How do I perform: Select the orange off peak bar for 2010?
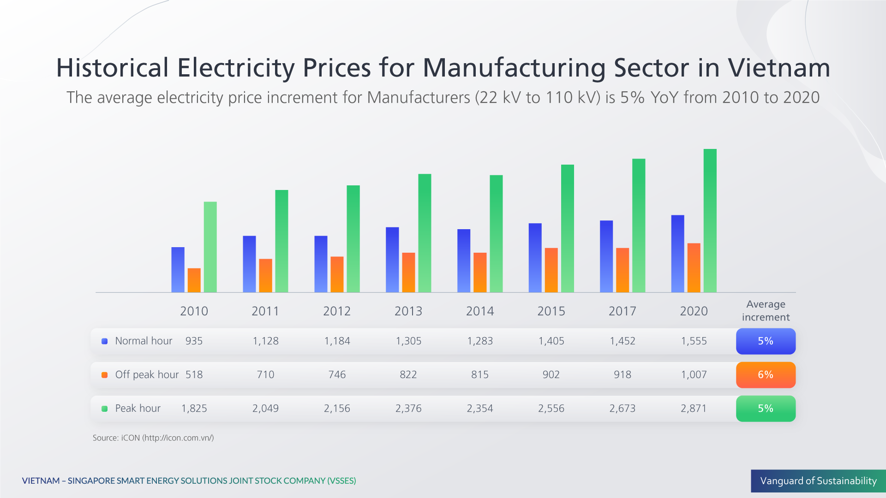coord(194,280)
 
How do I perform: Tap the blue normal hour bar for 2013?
coord(392,260)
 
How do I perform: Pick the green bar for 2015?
coord(567,228)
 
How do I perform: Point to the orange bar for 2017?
coord(622,270)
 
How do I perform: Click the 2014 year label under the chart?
coord(479,311)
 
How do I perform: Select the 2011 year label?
coord(265,311)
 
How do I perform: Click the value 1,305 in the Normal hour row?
coord(408,341)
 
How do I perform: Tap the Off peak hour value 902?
coord(551,375)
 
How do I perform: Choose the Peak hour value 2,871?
coord(694,409)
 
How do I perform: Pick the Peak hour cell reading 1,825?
coord(194,409)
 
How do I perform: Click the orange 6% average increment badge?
coord(766,375)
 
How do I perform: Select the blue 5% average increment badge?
coord(766,341)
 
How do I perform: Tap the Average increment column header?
coord(766,311)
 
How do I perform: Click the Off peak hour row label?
coord(147,375)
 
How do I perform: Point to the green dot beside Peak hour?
coord(105,409)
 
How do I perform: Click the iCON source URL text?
coord(178,438)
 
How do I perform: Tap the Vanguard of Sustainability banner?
coord(818,481)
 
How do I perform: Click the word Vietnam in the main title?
coord(779,68)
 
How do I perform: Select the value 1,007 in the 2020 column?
coord(694,375)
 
